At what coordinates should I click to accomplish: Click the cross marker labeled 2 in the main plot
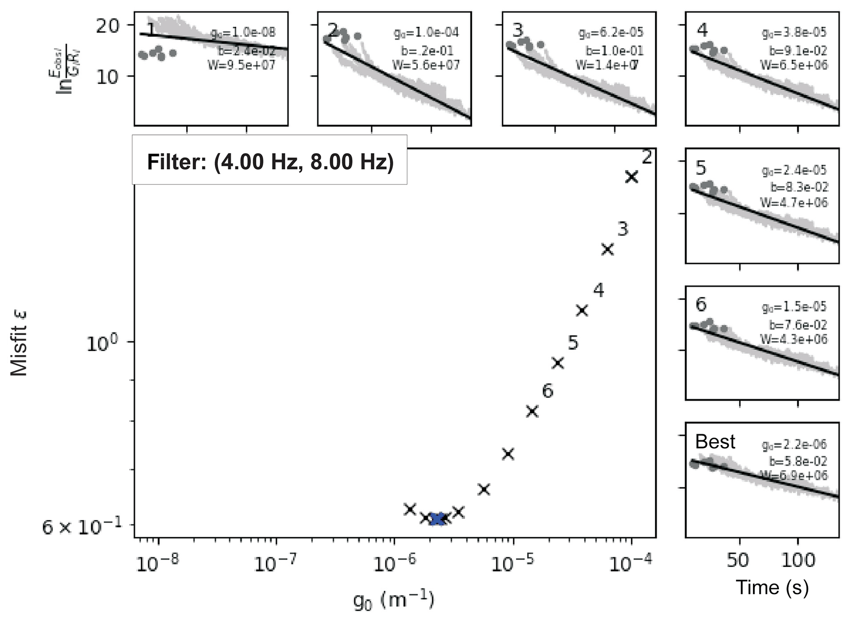click(x=632, y=177)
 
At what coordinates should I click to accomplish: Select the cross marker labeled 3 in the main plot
click(x=608, y=249)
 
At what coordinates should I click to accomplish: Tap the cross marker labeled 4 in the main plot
click(x=582, y=310)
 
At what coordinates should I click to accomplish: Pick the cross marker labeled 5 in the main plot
click(x=558, y=363)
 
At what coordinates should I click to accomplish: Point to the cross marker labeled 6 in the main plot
click(x=532, y=411)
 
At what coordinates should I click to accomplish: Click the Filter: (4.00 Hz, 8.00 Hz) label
click(x=270, y=161)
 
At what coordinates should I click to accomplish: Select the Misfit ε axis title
click(x=19, y=344)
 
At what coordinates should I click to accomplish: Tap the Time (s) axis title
click(x=772, y=587)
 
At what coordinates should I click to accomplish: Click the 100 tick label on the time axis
click(x=798, y=560)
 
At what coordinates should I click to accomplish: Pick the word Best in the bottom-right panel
click(x=715, y=442)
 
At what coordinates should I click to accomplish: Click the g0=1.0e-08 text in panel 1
click(x=243, y=33)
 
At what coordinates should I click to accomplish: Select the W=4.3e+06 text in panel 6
click(x=793, y=339)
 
